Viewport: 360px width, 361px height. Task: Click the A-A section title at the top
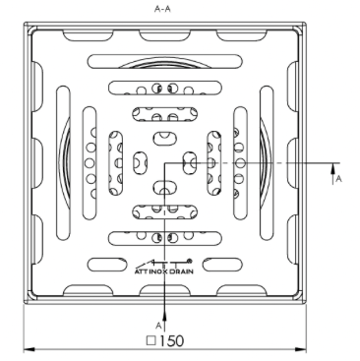pyautogui.click(x=162, y=9)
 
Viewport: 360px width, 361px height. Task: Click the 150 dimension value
pyautogui.click(x=171, y=341)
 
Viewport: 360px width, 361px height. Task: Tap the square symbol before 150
pyautogui.click(x=151, y=340)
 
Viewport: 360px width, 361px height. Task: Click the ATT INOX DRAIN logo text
pyautogui.click(x=164, y=271)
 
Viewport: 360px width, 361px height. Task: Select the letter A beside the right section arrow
pyautogui.click(x=339, y=178)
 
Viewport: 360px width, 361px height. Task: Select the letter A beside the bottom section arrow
pyautogui.click(x=158, y=326)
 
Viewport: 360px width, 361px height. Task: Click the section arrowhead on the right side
pyautogui.click(x=332, y=168)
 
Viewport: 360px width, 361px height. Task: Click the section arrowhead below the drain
pyautogui.click(x=164, y=316)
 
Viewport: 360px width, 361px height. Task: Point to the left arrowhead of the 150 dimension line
pyautogui.click(x=29, y=349)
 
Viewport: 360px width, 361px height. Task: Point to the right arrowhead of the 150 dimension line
pyautogui.click(x=301, y=349)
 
